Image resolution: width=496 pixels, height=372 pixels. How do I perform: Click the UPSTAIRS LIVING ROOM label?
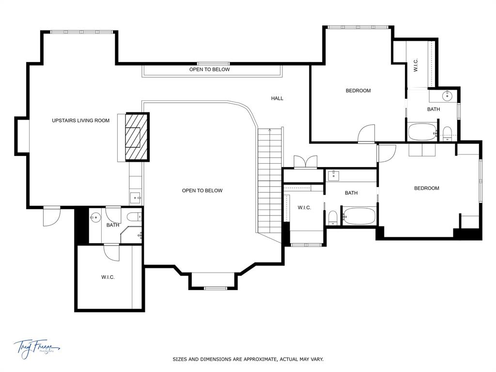[81, 121]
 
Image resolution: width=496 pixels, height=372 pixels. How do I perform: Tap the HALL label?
[277, 98]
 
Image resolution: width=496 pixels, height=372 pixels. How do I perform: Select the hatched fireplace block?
[137, 137]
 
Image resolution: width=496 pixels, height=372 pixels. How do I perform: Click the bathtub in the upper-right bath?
[422, 132]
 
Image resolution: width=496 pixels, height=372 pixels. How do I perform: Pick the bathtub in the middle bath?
[359, 216]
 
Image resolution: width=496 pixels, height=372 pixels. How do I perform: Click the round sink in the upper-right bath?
[447, 95]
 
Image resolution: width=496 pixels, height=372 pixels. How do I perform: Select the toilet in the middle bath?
[333, 217]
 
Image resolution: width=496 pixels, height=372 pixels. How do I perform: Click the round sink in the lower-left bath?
[95, 217]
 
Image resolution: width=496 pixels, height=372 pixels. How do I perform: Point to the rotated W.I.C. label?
[416, 65]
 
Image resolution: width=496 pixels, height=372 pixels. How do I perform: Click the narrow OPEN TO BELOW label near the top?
[209, 70]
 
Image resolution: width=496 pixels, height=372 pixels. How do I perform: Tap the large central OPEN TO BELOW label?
[202, 190]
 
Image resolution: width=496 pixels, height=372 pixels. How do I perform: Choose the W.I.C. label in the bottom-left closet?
[108, 277]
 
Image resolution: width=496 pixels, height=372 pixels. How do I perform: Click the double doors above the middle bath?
[305, 162]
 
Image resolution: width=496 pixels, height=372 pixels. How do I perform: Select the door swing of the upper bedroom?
[366, 134]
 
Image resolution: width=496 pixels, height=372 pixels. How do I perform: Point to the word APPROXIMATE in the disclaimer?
[256, 359]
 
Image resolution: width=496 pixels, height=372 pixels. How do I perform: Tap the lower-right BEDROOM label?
[426, 188]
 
